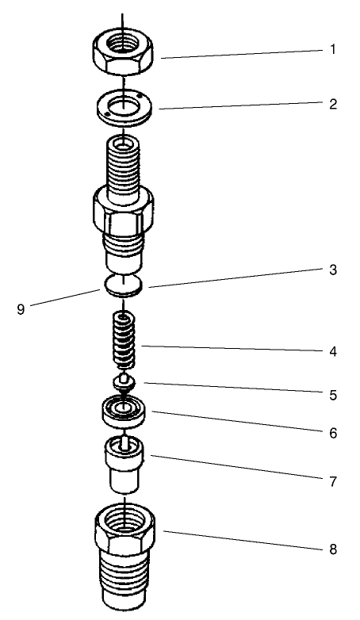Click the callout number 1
click(333, 49)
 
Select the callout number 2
click(333, 104)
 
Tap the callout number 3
click(333, 270)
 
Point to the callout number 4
click(333, 350)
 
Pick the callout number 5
click(333, 393)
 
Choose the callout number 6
click(333, 434)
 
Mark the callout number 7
click(333, 481)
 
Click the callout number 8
click(333, 548)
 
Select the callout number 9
click(21, 309)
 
